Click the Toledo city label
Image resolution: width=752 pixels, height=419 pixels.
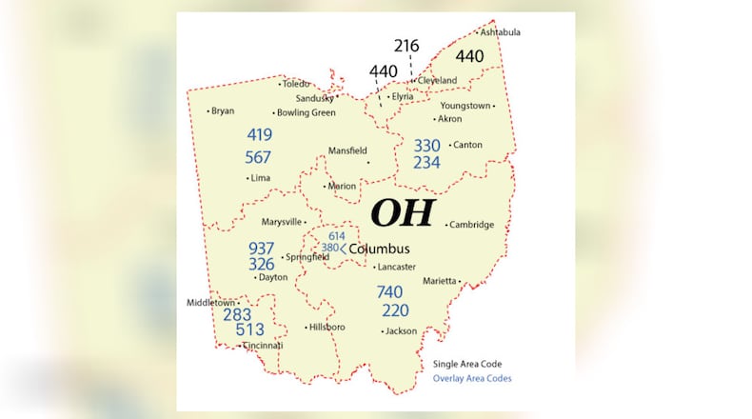[x=297, y=84]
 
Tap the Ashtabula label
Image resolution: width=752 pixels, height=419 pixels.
[x=501, y=32]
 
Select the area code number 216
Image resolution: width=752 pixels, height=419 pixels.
[x=407, y=46]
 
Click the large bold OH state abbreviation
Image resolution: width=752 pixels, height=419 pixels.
[x=402, y=212]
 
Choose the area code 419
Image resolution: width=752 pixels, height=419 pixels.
[x=259, y=135]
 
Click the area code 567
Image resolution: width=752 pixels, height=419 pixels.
[x=258, y=157]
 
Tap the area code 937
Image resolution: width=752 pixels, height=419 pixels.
[x=262, y=248]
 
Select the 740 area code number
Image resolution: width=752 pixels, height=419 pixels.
[x=389, y=291]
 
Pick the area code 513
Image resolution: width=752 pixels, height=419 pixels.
[x=250, y=329]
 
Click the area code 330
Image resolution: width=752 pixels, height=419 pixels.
[x=426, y=145]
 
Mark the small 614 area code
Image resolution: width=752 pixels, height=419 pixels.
[x=337, y=235]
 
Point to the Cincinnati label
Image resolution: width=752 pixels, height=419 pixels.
[x=263, y=346]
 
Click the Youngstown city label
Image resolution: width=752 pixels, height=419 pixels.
[x=465, y=106]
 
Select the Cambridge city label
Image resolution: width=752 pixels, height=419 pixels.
[x=472, y=225]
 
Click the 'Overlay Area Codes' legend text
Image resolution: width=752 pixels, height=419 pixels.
[x=472, y=378]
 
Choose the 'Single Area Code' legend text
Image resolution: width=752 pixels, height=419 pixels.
[x=467, y=364]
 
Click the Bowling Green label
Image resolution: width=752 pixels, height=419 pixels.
[x=306, y=112]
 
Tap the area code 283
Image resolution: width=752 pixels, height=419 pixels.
[x=237, y=313]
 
